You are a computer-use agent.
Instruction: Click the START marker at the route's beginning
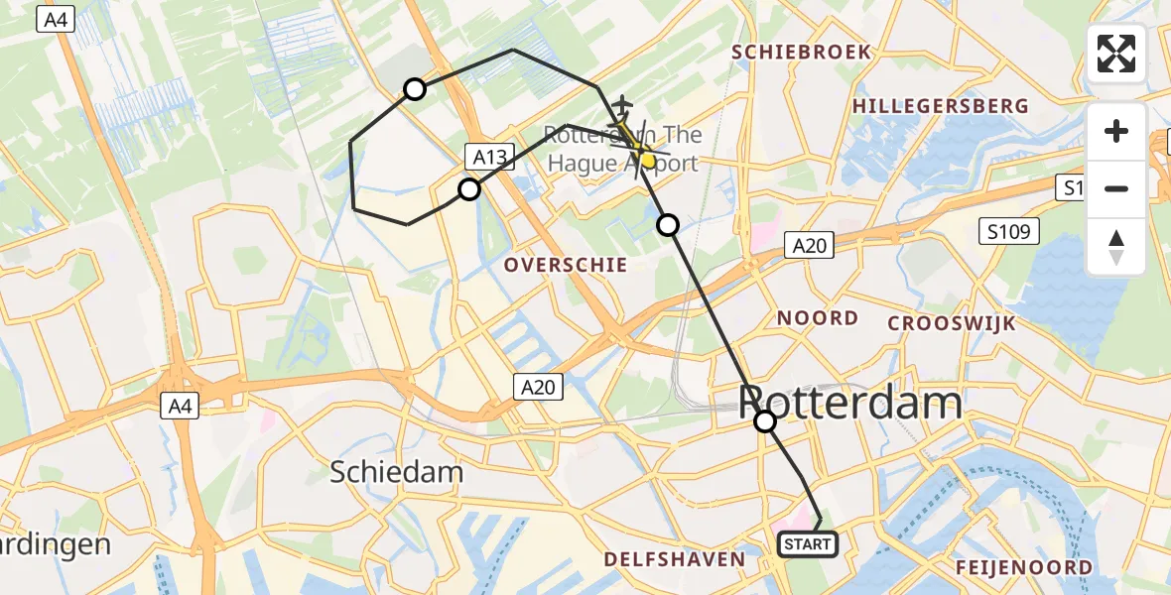tap(808, 544)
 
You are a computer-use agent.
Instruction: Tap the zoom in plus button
tap(1116, 132)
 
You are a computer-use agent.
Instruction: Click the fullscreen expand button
tap(1116, 54)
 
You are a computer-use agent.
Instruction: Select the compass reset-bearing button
tap(1116, 246)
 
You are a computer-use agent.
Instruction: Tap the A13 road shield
tap(489, 156)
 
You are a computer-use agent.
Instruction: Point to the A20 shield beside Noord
tap(809, 245)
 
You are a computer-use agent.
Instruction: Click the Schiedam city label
tap(397, 471)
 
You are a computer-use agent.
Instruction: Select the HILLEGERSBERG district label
tap(940, 106)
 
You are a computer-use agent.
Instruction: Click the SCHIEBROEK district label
tap(801, 52)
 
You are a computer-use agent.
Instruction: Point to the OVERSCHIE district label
tap(566, 265)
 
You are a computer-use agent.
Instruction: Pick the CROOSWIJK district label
tap(952, 323)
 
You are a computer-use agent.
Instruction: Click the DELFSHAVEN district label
tap(676, 559)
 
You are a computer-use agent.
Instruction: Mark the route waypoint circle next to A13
tap(468, 188)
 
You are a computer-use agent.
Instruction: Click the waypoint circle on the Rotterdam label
tap(765, 421)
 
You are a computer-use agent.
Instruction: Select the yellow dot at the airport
tap(647, 158)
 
